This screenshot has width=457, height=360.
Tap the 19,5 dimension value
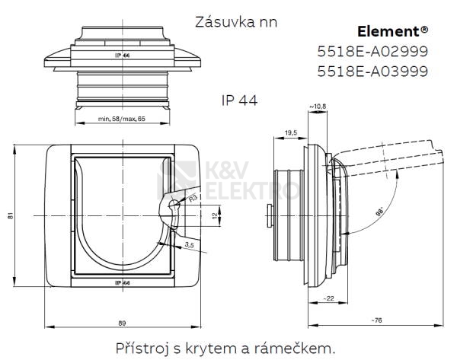(x=290, y=132)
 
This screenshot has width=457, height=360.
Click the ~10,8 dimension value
(x=317, y=106)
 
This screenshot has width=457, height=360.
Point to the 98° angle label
(x=380, y=212)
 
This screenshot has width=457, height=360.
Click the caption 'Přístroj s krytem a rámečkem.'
(x=225, y=348)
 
